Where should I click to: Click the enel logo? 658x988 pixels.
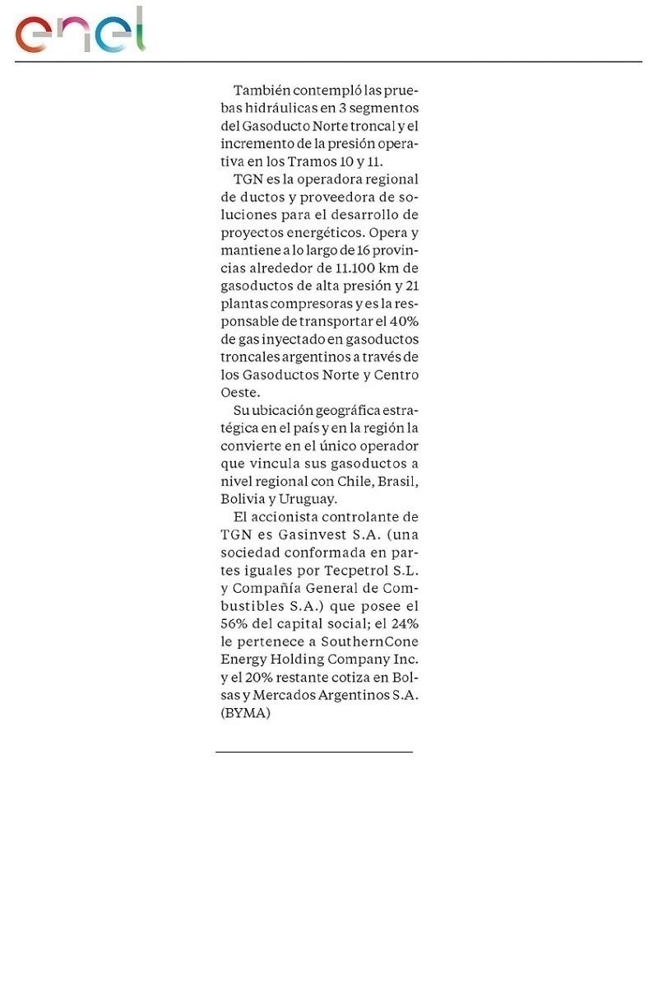point(80,32)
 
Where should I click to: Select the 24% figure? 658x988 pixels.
point(405,623)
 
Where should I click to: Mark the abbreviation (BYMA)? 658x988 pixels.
point(245,713)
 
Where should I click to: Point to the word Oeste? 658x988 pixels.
point(239,393)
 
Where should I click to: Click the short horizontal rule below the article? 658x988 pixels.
point(314,752)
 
